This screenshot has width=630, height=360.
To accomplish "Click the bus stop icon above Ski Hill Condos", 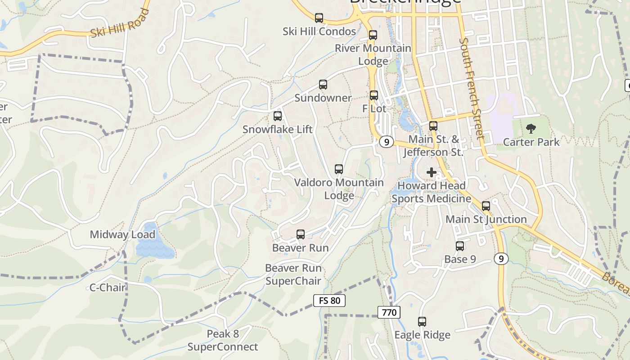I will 319,18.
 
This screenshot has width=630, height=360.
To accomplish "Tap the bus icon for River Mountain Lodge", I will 373,35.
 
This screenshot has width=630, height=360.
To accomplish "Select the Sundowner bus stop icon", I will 323,85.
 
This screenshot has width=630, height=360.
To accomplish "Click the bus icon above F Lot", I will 374,95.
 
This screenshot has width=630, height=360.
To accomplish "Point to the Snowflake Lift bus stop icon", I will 278,116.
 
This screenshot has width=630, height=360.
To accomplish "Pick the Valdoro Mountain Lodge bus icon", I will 339,169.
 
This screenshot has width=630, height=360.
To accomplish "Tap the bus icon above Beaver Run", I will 301,234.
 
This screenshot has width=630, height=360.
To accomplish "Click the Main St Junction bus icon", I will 486,206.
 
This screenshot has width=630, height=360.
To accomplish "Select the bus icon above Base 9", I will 460,246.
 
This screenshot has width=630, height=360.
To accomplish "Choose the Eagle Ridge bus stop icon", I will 422,322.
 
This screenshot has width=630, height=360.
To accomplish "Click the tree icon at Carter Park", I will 531,129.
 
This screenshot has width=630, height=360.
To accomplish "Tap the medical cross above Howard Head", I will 432,172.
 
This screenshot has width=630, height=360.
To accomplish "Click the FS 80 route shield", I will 329,300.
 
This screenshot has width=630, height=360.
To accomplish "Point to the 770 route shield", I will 389,312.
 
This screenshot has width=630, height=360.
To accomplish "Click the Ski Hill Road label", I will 120,23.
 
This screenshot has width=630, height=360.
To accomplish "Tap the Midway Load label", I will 122,234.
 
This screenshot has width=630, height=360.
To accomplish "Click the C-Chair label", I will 108,288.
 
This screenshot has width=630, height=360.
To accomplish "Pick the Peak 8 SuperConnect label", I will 223,340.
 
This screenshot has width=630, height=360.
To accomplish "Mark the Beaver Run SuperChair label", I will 293,274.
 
